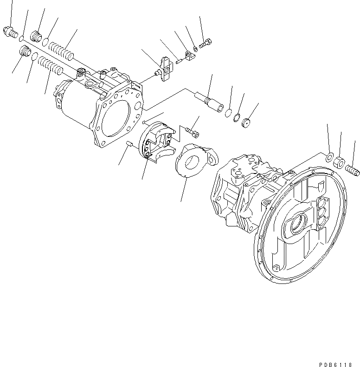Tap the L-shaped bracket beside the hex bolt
click(190, 57)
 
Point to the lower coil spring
click(50, 65)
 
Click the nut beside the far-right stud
click(340, 162)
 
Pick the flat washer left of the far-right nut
click(329, 157)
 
